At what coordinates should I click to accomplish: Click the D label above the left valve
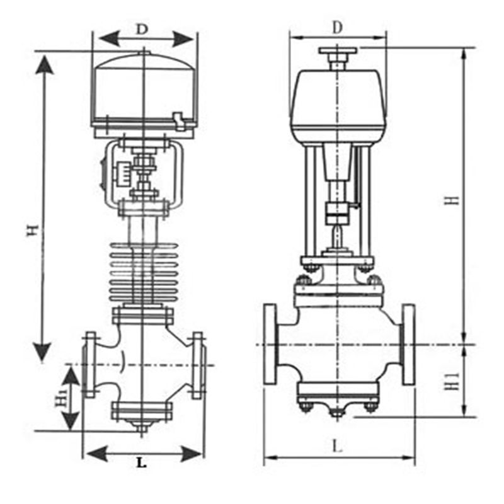coord(142,29)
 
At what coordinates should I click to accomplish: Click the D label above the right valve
coord(337,27)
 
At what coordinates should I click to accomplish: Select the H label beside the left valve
coord(33,230)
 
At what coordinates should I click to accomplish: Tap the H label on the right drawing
coord(452,200)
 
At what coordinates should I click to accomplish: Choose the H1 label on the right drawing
coord(452,382)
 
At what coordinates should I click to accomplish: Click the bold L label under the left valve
coord(141,463)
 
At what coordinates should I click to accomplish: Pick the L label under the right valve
coord(337,446)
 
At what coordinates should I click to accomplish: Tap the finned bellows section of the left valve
coord(144,273)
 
